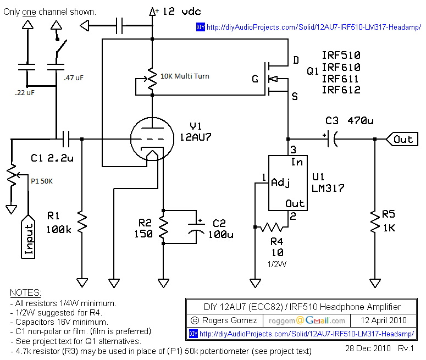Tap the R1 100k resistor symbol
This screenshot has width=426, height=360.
pyautogui.click(x=82, y=223)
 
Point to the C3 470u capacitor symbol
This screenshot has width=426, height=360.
pyautogui.click(x=331, y=140)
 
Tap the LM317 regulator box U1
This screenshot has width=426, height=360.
pyautogui.click(x=287, y=182)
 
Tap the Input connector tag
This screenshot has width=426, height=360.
pyautogui.click(x=28, y=240)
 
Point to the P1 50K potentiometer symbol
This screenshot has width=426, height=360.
pyautogui.click(x=11, y=175)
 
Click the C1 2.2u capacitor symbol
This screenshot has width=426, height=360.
pyautogui.click(x=69, y=140)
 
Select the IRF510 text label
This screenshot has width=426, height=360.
pyautogui.click(x=341, y=56)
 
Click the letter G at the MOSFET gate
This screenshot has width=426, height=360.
pyautogui.click(x=255, y=79)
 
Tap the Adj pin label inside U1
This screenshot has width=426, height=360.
pyautogui.click(x=280, y=182)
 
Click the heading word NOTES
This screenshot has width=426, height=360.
pyautogui.click(x=25, y=292)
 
